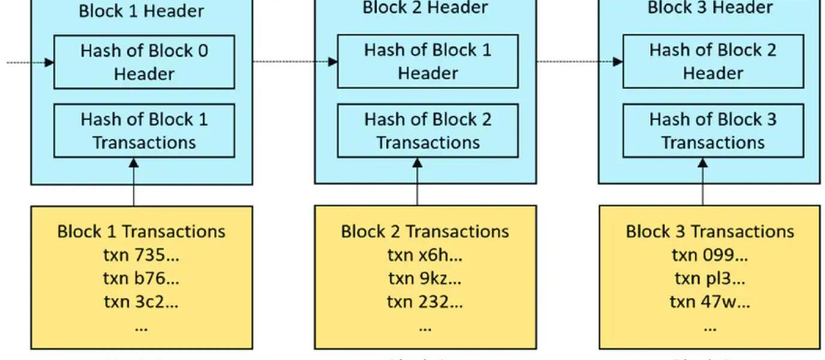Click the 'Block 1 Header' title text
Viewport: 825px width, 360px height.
coord(142,11)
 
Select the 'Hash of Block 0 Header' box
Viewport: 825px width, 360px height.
coord(144,62)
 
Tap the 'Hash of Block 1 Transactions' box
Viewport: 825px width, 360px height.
coord(144,131)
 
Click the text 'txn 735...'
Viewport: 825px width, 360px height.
coord(142,255)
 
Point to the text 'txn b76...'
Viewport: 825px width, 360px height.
coord(142,278)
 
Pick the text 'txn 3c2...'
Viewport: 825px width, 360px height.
coord(142,302)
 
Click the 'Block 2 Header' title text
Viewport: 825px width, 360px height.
coord(425,8)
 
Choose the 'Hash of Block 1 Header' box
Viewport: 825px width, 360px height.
coord(428,62)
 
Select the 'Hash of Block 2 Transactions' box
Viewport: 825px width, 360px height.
coord(428,131)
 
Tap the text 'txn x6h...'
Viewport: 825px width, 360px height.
coord(425,255)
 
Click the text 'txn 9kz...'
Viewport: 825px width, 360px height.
coord(425,278)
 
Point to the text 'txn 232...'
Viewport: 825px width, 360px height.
coord(425,302)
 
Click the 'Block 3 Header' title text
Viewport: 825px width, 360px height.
coord(710,8)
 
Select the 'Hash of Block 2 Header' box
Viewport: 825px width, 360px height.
coord(713,62)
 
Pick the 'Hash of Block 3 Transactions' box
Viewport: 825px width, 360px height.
coord(713,131)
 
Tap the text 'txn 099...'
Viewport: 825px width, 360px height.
coord(710,255)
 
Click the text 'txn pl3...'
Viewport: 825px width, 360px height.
coord(710,278)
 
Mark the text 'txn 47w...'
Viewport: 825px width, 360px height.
coord(710,302)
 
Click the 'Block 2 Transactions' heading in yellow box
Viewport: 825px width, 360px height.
coord(425,232)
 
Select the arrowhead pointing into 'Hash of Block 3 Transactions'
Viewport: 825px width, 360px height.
coord(703,163)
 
